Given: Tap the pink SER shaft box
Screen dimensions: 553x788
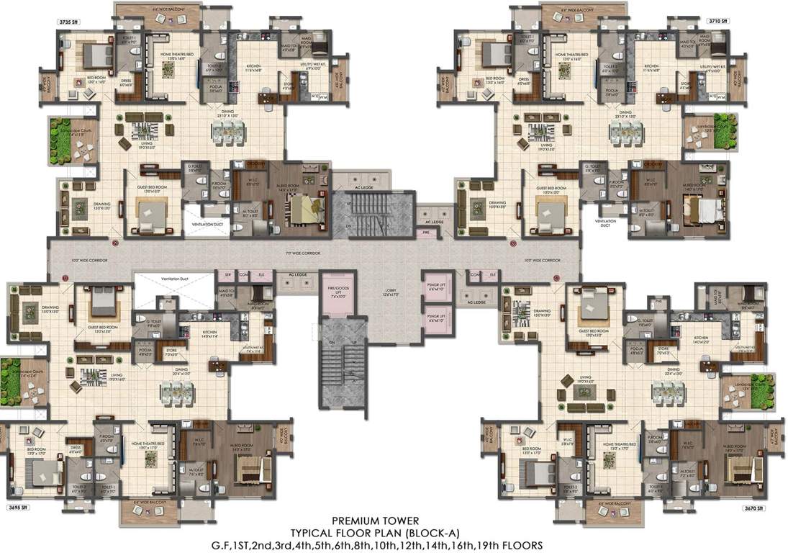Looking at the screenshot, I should [227, 274].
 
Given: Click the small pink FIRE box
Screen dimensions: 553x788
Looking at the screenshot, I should [426, 233].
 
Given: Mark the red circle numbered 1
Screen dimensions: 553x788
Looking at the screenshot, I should [65, 276].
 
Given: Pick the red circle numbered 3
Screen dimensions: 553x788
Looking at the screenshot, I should [512, 245].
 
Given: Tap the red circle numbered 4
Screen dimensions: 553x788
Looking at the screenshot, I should [556, 277].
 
